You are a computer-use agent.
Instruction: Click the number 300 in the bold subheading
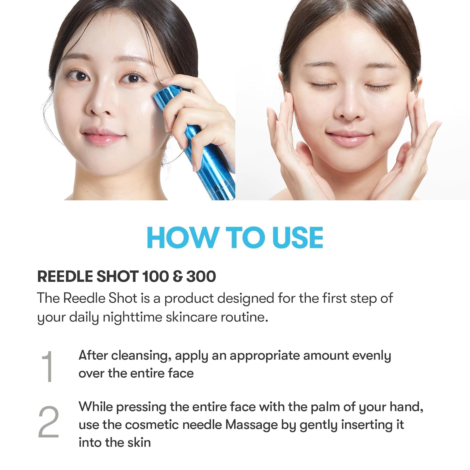tap(201, 276)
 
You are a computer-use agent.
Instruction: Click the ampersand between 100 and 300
tap(178, 276)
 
